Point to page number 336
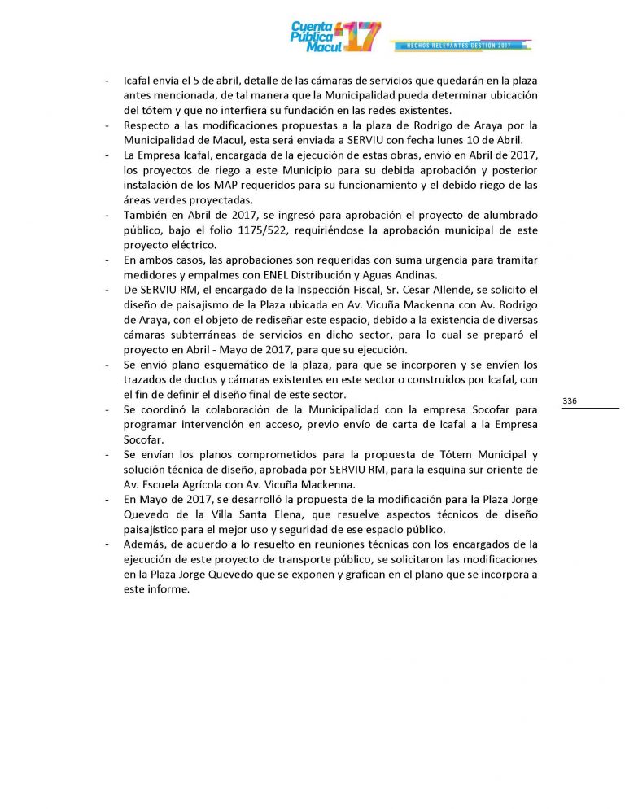point(570,400)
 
